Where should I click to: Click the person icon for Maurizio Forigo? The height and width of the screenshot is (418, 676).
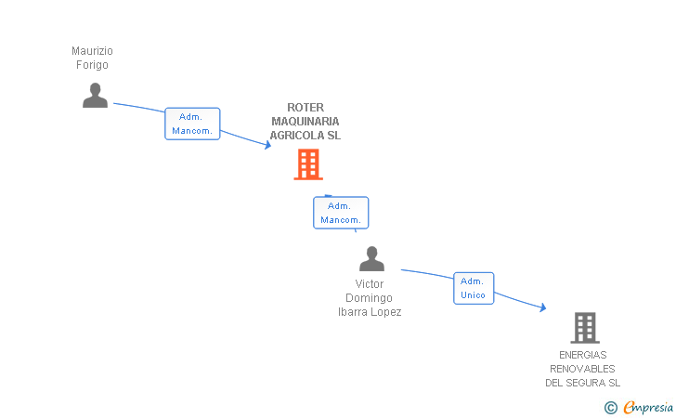pyautogui.click(x=95, y=96)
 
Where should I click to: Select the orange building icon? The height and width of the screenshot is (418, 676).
pyautogui.click(x=308, y=163)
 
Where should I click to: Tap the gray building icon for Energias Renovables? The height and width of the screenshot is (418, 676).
pyautogui.click(x=585, y=328)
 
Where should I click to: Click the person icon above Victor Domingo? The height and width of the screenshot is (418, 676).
pyautogui.click(x=371, y=259)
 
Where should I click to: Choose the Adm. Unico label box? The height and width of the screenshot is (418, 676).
pyautogui.click(x=474, y=288)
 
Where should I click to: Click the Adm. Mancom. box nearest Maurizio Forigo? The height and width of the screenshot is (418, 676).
pyautogui.click(x=192, y=124)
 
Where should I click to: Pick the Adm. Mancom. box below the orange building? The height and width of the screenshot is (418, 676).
pyautogui.click(x=341, y=213)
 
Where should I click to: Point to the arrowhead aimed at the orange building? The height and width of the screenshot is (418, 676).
pyautogui.click(x=268, y=146)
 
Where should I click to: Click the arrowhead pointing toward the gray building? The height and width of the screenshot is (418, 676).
pyautogui.click(x=543, y=307)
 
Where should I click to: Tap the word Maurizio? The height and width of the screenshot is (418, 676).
pyautogui.click(x=92, y=51)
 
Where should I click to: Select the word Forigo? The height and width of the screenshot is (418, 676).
pyautogui.click(x=92, y=65)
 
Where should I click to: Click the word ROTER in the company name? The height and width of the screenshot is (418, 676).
pyautogui.click(x=305, y=108)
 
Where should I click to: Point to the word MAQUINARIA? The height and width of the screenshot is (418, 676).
pyautogui.click(x=305, y=122)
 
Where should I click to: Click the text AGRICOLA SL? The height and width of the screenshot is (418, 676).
pyautogui.click(x=305, y=136)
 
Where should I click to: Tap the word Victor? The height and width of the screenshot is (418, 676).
pyautogui.click(x=370, y=284)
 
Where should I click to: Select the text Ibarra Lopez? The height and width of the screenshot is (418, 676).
pyautogui.click(x=370, y=312)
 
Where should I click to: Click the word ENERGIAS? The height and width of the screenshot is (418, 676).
pyautogui.click(x=583, y=355)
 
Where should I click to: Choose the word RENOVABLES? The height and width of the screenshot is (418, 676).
pyautogui.click(x=582, y=370)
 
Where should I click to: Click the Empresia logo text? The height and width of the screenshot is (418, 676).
pyautogui.click(x=648, y=408)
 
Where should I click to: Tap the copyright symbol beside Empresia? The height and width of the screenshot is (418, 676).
pyautogui.click(x=611, y=408)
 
